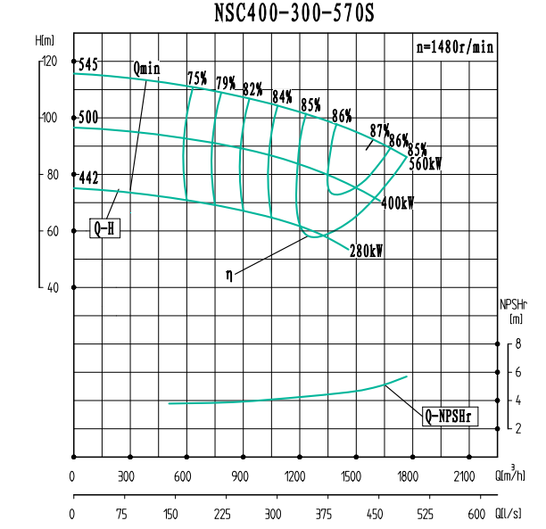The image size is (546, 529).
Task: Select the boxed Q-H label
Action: tap(104, 229)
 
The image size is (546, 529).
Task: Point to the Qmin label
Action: tap(146, 69)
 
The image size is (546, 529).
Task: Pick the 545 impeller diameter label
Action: tap(88, 65)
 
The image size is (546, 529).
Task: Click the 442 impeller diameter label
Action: tap(88, 178)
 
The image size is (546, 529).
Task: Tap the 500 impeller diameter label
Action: tap(88, 118)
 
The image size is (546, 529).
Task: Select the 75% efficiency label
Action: tap(197, 79)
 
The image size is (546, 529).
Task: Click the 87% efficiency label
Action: tap(380, 129)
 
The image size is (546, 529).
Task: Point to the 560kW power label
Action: tap(426, 163)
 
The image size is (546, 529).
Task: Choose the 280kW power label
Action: tap(367, 252)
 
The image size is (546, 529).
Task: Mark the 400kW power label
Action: tap(397, 203)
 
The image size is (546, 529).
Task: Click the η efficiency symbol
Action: tap(229, 276)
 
